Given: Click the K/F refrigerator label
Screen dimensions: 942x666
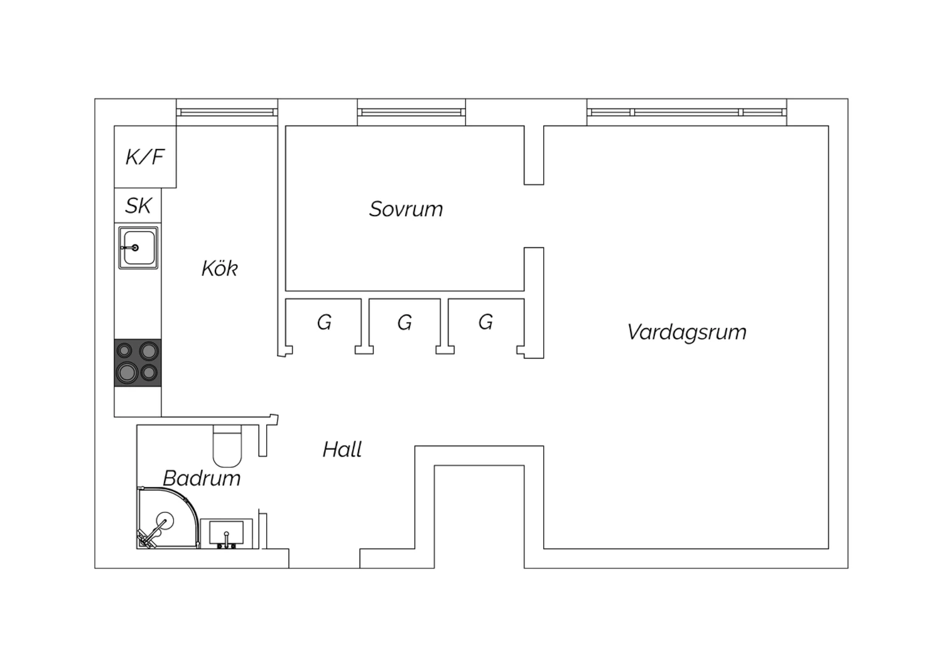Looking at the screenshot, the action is click(144, 157).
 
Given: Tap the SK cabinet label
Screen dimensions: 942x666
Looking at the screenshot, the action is click(138, 205).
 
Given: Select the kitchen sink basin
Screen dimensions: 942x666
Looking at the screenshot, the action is click(138, 248).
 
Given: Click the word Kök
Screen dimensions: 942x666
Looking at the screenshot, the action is click(220, 268).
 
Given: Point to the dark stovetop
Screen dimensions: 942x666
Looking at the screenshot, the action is click(138, 363).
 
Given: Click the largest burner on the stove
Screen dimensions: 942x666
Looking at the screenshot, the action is click(127, 373).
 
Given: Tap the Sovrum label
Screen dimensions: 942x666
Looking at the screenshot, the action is click(406, 209).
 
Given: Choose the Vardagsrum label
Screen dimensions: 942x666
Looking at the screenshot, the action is click(687, 332).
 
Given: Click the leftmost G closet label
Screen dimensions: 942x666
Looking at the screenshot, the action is click(324, 323).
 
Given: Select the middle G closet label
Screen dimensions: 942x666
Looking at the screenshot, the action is click(404, 323).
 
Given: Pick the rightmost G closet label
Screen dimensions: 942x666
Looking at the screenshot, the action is click(485, 322).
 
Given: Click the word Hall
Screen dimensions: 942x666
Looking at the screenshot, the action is click(342, 449).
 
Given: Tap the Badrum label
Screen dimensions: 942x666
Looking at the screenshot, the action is click(202, 478).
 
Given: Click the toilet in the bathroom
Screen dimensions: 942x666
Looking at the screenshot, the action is click(227, 446).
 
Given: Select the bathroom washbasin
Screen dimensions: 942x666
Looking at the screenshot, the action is click(226, 534).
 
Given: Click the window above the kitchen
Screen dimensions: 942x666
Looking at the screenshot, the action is click(227, 112).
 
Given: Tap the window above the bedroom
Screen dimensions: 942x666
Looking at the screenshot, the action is click(411, 112).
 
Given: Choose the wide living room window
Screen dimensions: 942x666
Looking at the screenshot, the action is click(687, 112).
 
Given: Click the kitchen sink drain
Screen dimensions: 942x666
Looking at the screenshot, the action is click(135, 248).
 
